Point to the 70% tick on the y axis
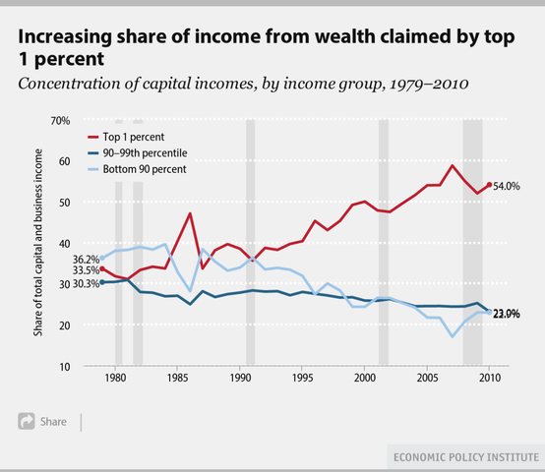[60, 120]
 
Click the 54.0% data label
[507, 185]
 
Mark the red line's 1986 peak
[190, 213]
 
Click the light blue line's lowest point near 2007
[453, 336]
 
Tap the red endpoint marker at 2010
[490, 185]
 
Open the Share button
[42, 421]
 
